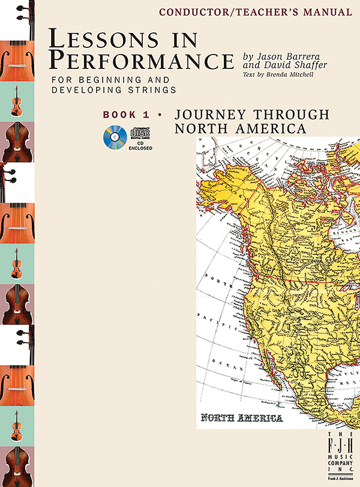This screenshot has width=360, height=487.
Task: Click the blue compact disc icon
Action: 115,139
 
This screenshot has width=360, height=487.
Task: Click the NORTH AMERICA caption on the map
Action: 242,417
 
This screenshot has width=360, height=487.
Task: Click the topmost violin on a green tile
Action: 17,101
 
